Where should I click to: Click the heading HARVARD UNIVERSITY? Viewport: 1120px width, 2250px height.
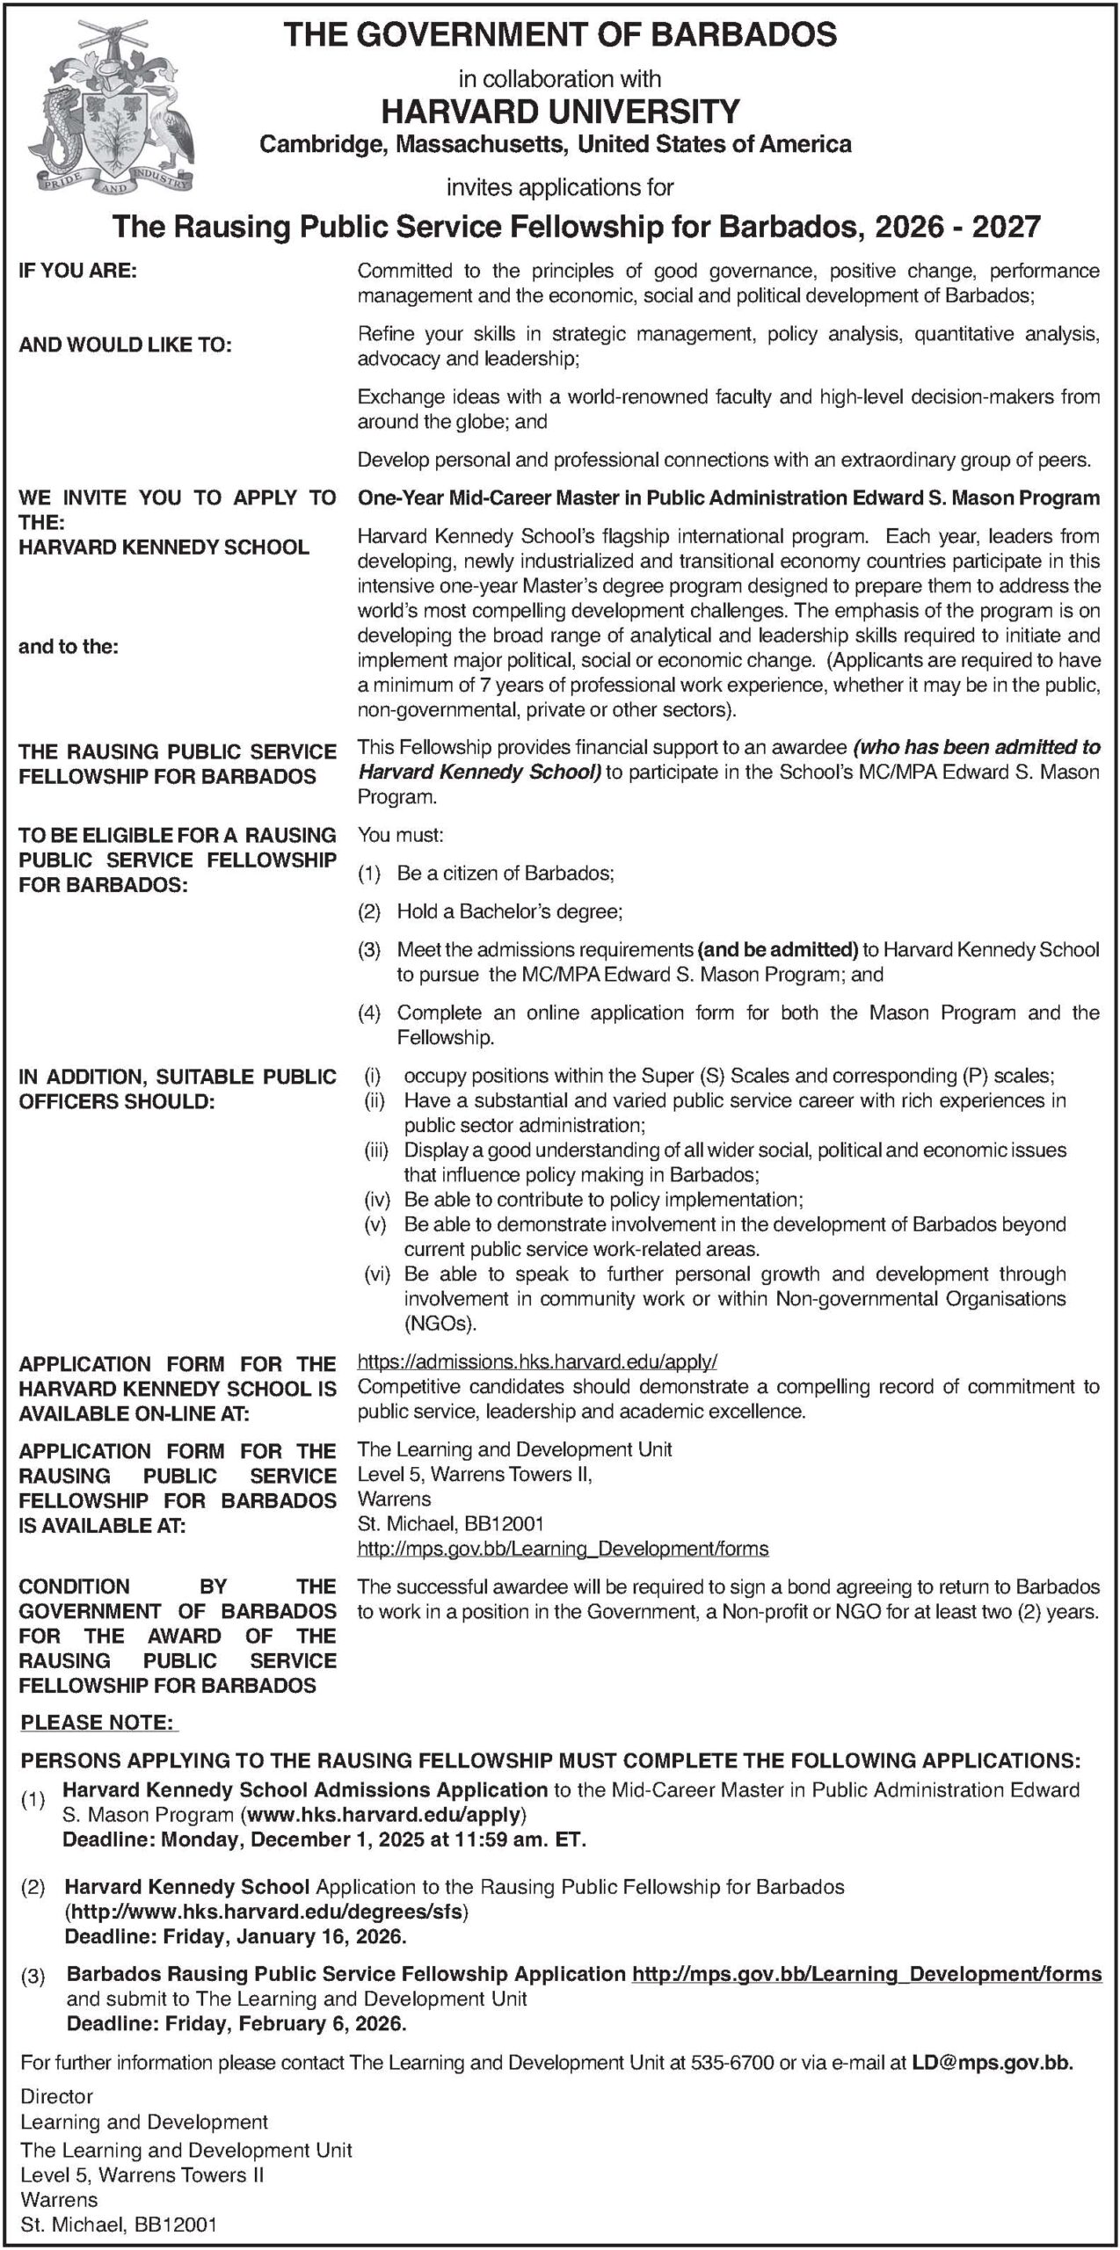tap(560, 111)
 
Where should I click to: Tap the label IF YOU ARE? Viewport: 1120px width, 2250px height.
tap(78, 272)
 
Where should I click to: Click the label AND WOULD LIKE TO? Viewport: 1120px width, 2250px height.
tap(126, 345)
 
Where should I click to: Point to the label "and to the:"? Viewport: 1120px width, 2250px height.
tap(69, 647)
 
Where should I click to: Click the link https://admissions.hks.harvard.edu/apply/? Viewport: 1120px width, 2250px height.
tap(537, 1362)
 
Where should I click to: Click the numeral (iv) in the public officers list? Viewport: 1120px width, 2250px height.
tap(376, 1200)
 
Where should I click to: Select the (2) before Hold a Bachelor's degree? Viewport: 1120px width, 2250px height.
tap(368, 912)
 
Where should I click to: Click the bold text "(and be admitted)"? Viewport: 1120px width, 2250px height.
tap(777, 949)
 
